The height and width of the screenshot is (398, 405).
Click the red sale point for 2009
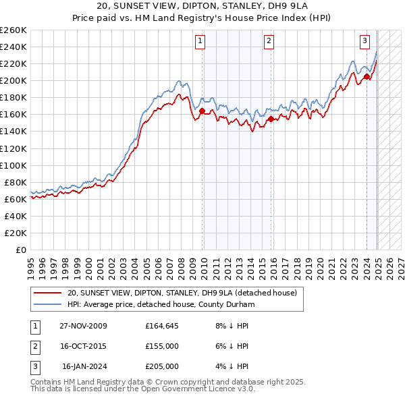tap(202, 111)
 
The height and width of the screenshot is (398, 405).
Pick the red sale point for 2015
tap(271, 119)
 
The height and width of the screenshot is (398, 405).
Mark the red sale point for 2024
tap(367, 76)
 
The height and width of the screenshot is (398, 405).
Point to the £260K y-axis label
tap(13, 30)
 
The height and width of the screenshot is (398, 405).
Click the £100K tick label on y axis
tap(13, 165)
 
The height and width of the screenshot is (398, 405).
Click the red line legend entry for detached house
tap(186, 293)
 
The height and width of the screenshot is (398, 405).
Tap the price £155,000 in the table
tap(162, 346)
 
